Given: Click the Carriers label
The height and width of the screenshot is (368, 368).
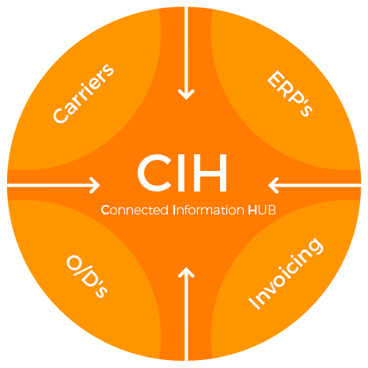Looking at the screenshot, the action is [83, 93].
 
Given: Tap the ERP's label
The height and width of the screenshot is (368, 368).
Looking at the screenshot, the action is [290, 93].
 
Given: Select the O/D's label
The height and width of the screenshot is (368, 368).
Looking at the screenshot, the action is [87, 276].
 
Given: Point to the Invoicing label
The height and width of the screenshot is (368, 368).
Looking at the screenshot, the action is [286, 274].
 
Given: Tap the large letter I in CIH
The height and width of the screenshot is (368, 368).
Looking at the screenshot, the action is [181, 173].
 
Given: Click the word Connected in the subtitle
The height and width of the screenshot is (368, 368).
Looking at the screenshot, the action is [135, 211].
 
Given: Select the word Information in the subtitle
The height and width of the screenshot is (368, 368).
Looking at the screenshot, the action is [208, 211].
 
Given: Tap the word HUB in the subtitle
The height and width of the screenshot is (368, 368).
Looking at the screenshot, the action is [262, 211].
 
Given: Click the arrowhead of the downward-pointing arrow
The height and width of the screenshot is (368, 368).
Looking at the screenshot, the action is [186, 94].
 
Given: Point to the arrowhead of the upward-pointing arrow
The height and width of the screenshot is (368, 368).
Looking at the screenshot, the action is [186, 272].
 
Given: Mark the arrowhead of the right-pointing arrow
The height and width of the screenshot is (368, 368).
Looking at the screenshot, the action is [95, 185].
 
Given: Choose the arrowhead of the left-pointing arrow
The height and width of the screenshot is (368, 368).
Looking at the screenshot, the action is [274, 185].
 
